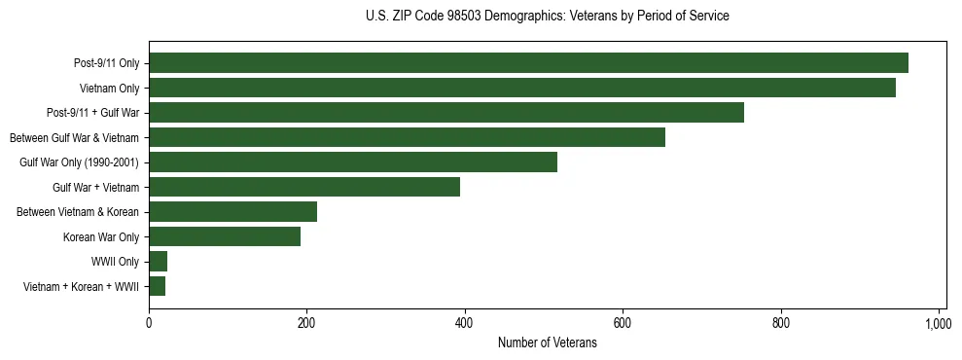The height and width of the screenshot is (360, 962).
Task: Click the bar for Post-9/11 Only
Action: [528, 63]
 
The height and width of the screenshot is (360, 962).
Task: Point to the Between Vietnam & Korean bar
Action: [232, 212]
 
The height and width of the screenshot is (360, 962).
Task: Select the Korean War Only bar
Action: [225, 236]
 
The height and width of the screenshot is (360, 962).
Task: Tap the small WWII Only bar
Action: [158, 262]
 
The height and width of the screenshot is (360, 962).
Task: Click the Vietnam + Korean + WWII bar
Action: [157, 286]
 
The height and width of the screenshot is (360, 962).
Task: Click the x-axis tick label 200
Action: [306, 322]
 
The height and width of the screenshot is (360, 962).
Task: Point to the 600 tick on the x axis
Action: [623, 322]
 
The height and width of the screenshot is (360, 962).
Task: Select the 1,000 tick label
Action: [939, 322]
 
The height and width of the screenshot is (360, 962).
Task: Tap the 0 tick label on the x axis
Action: [149, 322]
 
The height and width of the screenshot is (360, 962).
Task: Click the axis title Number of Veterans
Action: [548, 342]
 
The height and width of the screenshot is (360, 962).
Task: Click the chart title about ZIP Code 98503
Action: [548, 17]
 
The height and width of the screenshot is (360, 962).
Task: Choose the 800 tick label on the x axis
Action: [781, 322]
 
